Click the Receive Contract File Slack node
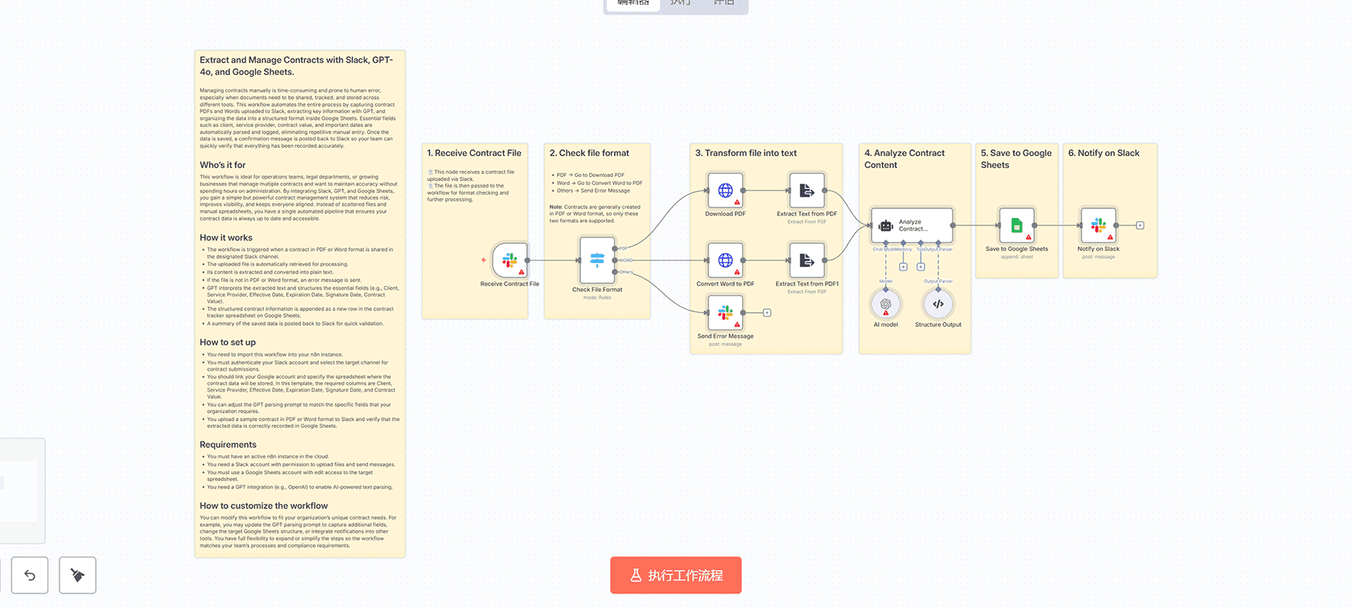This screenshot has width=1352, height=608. pyautogui.click(x=509, y=261)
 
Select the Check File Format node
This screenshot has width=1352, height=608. pyautogui.click(x=597, y=260)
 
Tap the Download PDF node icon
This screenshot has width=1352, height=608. pyautogui.click(x=725, y=191)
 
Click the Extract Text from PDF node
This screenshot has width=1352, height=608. pyautogui.click(x=806, y=191)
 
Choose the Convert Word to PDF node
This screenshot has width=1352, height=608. pyautogui.click(x=725, y=261)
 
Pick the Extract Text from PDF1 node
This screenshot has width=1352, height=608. pyautogui.click(x=806, y=261)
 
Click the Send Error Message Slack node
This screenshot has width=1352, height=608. pyautogui.click(x=725, y=313)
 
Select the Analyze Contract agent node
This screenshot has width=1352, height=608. pyautogui.click(x=912, y=226)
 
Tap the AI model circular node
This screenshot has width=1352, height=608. pyautogui.click(x=885, y=304)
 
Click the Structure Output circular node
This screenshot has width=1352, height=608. pyautogui.click(x=938, y=304)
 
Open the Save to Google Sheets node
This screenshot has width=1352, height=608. pyautogui.click(x=1016, y=226)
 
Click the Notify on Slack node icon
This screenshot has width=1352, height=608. pyautogui.click(x=1098, y=226)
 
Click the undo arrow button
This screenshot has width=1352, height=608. pyautogui.click(x=30, y=575)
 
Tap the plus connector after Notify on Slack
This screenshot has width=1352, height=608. pyautogui.click(x=1140, y=226)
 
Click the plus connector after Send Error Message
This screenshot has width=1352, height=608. pyautogui.click(x=767, y=313)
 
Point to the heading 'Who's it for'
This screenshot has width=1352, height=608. pyautogui.click(x=223, y=165)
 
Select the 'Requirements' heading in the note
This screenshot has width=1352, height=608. pyautogui.click(x=228, y=445)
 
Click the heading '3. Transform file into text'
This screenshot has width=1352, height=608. pyautogui.click(x=745, y=153)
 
